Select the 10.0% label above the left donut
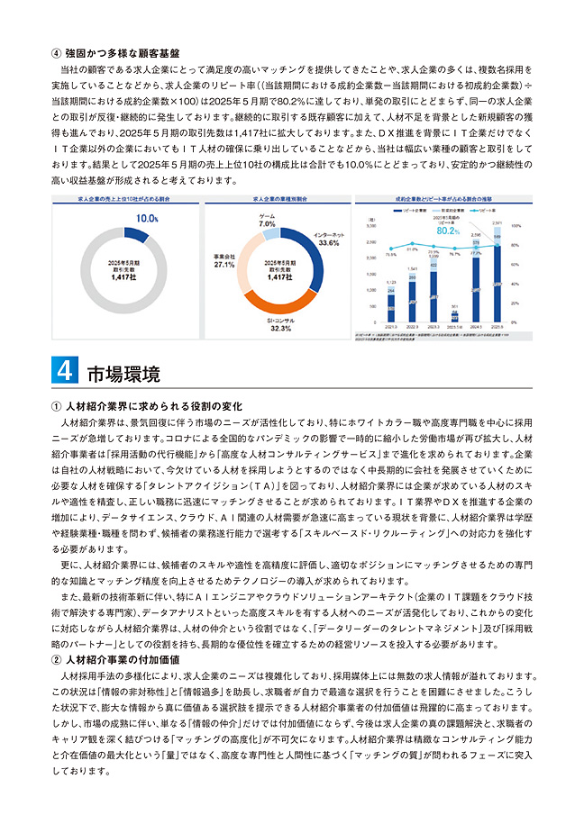click(147, 217)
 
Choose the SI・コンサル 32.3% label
click(278, 325)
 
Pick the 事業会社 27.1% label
click(224, 260)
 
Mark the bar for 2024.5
click(476, 285)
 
